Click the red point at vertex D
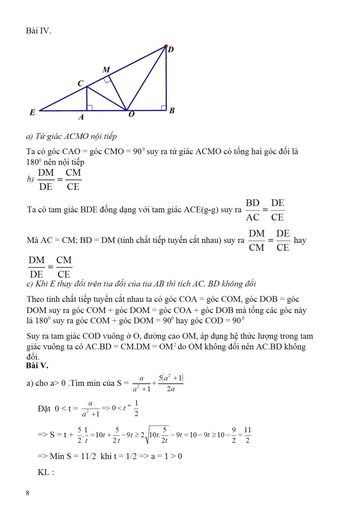(166, 46)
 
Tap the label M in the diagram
(106, 70)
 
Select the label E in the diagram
(32, 112)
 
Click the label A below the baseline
(81, 118)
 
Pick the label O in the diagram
(131, 115)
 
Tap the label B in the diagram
(172, 111)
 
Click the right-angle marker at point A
(89, 108)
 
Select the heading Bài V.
(37, 366)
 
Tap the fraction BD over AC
(253, 210)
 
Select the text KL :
(46, 472)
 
